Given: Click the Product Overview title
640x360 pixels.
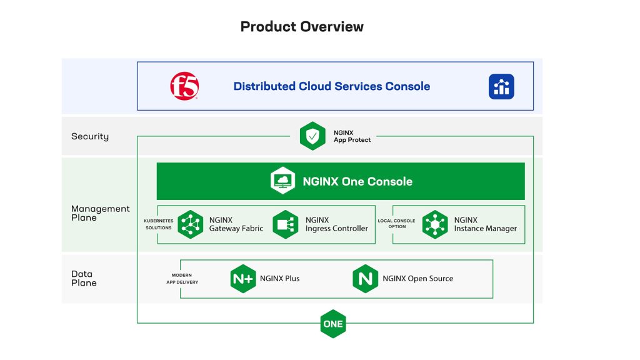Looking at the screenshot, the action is (x=302, y=26).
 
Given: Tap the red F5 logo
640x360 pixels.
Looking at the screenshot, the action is (x=184, y=86).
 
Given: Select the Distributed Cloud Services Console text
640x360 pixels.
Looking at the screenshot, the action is (x=331, y=86).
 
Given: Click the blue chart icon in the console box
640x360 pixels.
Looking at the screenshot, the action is (x=501, y=86).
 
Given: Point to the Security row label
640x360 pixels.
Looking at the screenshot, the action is (x=90, y=136).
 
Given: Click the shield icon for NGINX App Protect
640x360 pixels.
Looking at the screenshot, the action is (x=312, y=136).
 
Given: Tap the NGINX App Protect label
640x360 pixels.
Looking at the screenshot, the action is (x=352, y=136).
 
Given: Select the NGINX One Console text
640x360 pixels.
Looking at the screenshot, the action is (x=357, y=181).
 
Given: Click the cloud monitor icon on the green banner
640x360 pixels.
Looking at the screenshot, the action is (x=283, y=181).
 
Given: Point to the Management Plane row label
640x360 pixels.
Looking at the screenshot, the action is (x=101, y=213).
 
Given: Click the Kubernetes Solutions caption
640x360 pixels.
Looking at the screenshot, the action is (x=158, y=224).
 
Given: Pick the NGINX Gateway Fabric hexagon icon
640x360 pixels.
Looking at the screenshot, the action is (x=191, y=224).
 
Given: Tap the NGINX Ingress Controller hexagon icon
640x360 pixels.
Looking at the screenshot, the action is (x=285, y=224).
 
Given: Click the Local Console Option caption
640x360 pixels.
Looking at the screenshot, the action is (x=396, y=224).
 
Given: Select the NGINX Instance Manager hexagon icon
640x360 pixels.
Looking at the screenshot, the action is (x=435, y=224).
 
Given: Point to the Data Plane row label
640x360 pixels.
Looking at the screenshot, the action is (x=84, y=278).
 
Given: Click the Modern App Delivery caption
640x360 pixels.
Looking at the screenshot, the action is (x=182, y=279).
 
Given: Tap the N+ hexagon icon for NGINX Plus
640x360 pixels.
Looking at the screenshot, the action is (x=243, y=279).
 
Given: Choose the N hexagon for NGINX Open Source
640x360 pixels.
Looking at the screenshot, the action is (x=365, y=279).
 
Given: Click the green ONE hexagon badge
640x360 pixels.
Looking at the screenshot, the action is (x=333, y=324).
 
